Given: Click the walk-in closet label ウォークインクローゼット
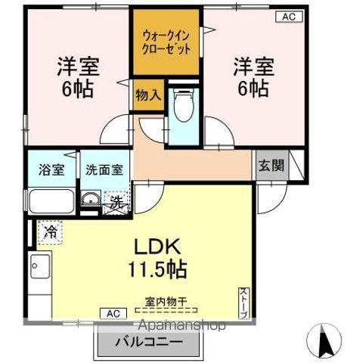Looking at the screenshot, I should click(166, 42).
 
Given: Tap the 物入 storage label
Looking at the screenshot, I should click(147, 95).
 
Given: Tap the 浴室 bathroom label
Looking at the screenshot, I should click(51, 171).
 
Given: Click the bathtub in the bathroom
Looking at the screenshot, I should click(50, 203).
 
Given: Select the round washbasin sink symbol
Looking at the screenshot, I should click(89, 200).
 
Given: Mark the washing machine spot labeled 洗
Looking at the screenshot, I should click(115, 202).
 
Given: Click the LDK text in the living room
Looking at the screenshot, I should click(158, 247).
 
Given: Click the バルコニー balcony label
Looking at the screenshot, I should click(148, 341).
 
